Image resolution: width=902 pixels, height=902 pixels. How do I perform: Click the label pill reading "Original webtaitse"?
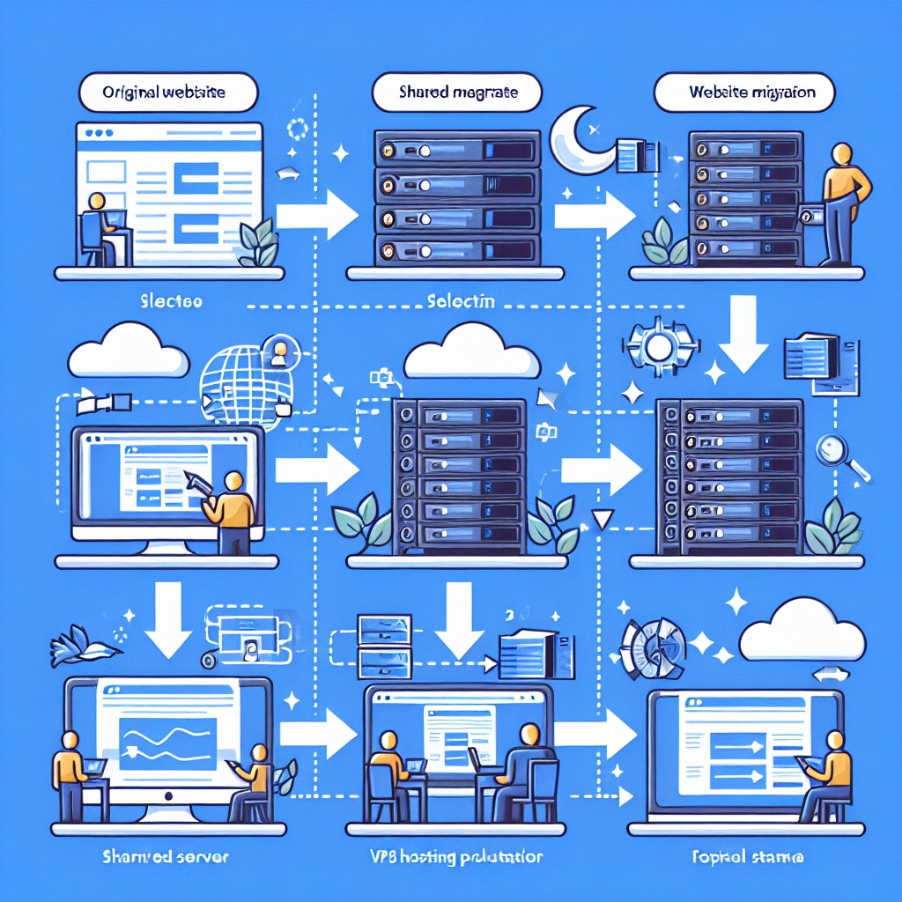[167, 92]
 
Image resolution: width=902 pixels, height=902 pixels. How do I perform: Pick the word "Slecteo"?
[171, 300]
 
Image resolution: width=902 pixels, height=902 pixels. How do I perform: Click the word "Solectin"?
[459, 300]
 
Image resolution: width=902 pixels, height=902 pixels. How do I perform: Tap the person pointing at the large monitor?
[231, 511]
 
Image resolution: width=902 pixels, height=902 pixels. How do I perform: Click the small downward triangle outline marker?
[603, 520]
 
